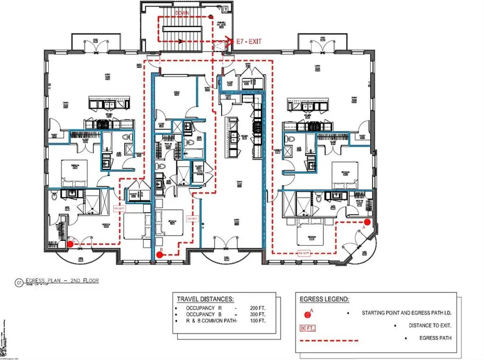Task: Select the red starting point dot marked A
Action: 367,222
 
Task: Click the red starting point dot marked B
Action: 160,256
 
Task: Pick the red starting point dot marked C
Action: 70,243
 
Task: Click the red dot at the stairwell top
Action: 212,16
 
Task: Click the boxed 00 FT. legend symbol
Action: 307,327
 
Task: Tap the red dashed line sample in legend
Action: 326,339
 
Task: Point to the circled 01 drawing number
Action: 19,282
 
